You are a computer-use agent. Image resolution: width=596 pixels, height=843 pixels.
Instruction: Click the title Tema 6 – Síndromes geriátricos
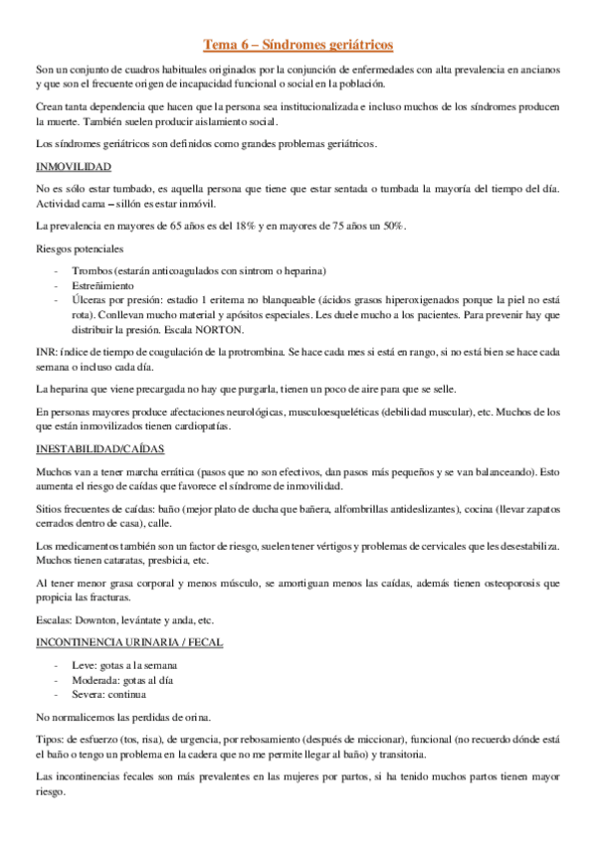pos(298,45)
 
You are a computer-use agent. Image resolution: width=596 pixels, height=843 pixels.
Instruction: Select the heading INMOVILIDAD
pos(74,167)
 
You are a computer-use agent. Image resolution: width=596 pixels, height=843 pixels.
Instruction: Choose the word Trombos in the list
pos(91,270)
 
